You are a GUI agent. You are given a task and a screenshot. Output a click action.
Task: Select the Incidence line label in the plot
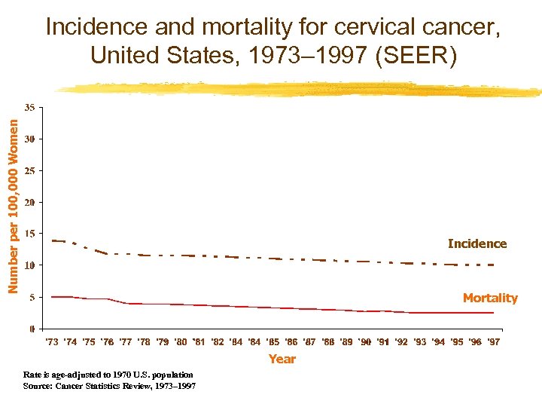(x=477, y=243)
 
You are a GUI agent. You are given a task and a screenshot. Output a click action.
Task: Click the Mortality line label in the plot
(x=490, y=298)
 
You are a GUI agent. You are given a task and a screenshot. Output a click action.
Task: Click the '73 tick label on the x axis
(x=52, y=342)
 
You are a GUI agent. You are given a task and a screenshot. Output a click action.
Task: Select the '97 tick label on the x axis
(x=493, y=342)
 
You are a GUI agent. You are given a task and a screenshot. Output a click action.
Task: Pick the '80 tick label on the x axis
(x=181, y=342)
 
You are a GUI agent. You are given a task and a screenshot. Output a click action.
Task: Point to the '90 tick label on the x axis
(x=364, y=342)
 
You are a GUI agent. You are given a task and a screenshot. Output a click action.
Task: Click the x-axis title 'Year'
(x=282, y=359)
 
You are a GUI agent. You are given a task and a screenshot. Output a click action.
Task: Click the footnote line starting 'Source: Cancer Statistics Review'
(x=110, y=386)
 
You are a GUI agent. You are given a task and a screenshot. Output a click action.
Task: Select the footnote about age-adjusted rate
(x=108, y=375)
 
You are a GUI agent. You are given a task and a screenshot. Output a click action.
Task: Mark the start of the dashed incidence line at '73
(x=52, y=240)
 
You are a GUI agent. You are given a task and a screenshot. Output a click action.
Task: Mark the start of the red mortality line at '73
(x=52, y=297)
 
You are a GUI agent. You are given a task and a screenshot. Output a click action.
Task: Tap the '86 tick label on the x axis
(x=291, y=342)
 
